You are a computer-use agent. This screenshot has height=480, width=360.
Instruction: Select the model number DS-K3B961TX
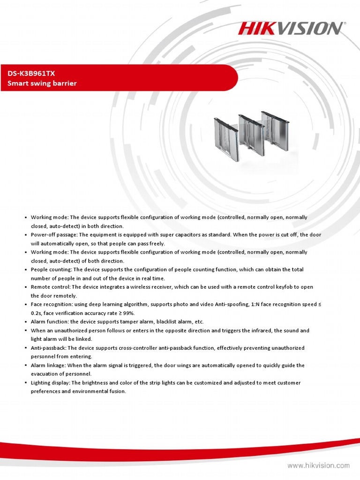coord(30,73)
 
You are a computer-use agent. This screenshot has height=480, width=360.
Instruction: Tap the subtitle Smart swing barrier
coord(42,83)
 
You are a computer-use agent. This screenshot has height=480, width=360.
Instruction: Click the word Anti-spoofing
coord(232,304)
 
